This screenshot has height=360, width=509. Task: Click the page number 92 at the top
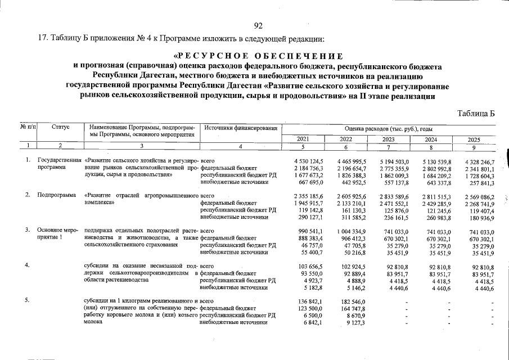[259, 25]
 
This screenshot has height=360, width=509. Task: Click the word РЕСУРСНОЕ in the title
[213, 56]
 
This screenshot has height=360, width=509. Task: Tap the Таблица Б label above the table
[476, 113]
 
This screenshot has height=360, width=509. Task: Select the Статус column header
[60, 128]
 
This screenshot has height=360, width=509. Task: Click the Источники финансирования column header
[241, 128]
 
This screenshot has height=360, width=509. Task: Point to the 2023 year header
[388, 139]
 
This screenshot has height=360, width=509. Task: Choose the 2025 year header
[475, 139]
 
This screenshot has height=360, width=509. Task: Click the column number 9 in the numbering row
[475, 147]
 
